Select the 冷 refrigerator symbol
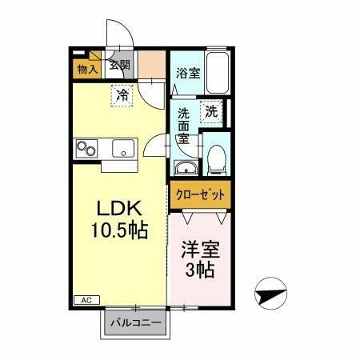122,94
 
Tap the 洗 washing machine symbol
211,111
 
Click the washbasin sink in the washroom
185,168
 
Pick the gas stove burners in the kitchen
86,148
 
